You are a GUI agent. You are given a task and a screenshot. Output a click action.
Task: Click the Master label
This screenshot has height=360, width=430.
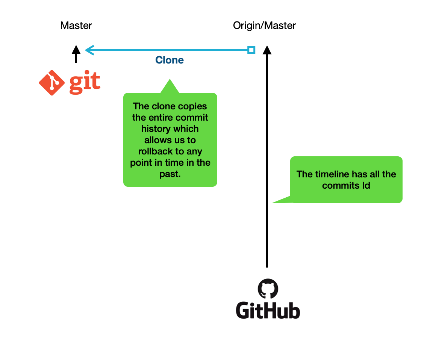(x=76, y=26)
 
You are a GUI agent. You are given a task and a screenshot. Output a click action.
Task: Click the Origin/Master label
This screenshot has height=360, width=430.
(x=264, y=26)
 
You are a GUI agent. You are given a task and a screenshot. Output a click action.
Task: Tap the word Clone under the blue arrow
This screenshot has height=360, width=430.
(x=170, y=60)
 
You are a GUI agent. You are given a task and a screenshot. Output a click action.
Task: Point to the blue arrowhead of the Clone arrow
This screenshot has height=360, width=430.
(x=90, y=50)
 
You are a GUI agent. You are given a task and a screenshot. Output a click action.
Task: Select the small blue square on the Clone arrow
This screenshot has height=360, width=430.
(x=251, y=50)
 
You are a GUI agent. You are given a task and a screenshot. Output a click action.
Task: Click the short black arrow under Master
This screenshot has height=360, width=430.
(x=76, y=54)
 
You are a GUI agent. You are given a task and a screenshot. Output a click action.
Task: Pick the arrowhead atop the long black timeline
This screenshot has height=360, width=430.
(x=267, y=50)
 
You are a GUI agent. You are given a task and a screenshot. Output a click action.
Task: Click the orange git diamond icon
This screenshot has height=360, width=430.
(x=52, y=83)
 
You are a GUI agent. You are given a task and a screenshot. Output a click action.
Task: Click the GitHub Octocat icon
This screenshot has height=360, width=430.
(x=268, y=289)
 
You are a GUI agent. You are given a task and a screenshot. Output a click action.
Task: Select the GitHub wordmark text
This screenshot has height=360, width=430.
(x=268, y=311)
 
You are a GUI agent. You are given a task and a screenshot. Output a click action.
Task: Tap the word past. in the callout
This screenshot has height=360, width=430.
(x=170, y=174)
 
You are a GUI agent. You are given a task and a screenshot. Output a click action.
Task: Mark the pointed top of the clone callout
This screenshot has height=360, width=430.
(x=170, y=80)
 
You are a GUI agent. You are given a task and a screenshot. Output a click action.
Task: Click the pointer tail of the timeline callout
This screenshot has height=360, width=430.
(x=272, y=203)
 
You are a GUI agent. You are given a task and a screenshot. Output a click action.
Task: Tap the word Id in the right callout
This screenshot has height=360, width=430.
(x=366, y=186)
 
